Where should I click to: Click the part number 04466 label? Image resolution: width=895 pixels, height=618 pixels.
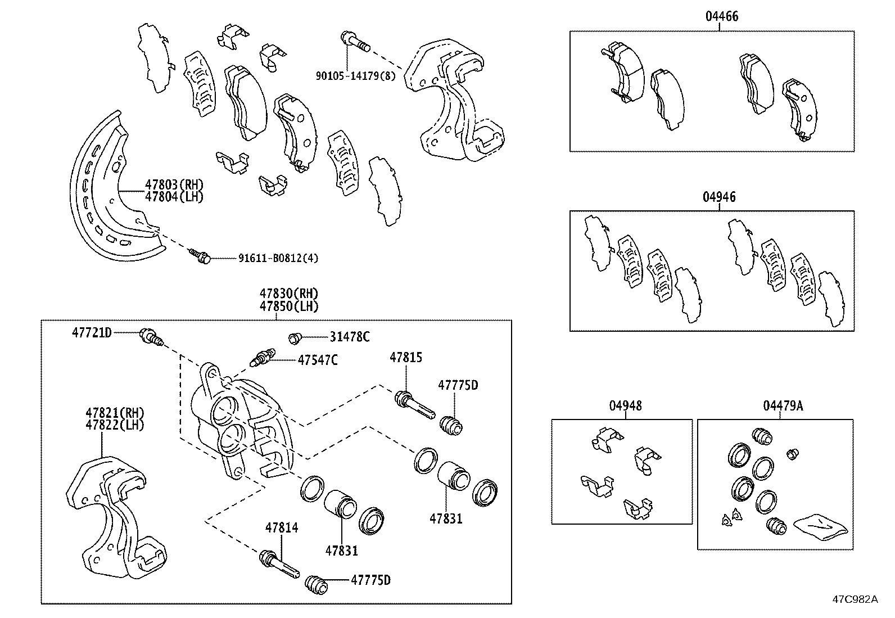click(x=722, y=16)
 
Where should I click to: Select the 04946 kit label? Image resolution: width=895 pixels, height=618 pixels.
click(x=718, y=197)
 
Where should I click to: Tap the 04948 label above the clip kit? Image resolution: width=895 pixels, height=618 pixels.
click(x=625, y=405)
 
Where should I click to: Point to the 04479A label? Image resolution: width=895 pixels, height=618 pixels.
click(x=783, y=405)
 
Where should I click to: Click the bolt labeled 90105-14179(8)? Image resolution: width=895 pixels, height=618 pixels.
click(x=354, y=42)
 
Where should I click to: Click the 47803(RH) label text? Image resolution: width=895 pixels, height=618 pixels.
click(x=174, y=184)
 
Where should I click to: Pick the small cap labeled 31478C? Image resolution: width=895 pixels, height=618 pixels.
click(x=295, y=337)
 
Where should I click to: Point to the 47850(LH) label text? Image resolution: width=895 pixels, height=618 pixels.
click(x=289, y=306)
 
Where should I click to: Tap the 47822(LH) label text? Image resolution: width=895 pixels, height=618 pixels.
click(x=115, y=425)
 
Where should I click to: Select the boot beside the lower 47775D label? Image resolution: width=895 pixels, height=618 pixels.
click(x=317, y=585)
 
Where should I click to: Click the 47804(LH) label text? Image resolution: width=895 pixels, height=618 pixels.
click(x=174, y=197)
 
